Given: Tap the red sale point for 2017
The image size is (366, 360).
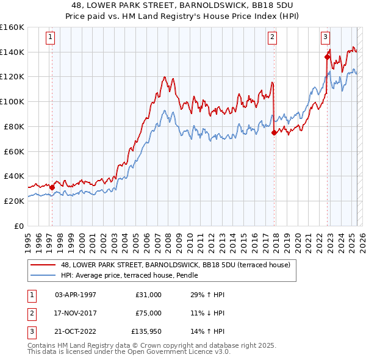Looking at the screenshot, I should [x=274, y=132].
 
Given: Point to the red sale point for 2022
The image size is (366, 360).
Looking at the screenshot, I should [x=328, y=57].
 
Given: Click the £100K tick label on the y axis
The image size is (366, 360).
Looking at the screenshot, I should [x=12, y=101].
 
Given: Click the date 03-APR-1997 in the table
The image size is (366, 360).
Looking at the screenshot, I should [x=76, y=295].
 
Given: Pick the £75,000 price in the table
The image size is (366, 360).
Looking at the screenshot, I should [x=148, y=313].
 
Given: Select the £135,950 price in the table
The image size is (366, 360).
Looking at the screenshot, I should [x=146, y=332].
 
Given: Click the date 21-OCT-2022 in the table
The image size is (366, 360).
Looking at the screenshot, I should [x=76, y=332].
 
